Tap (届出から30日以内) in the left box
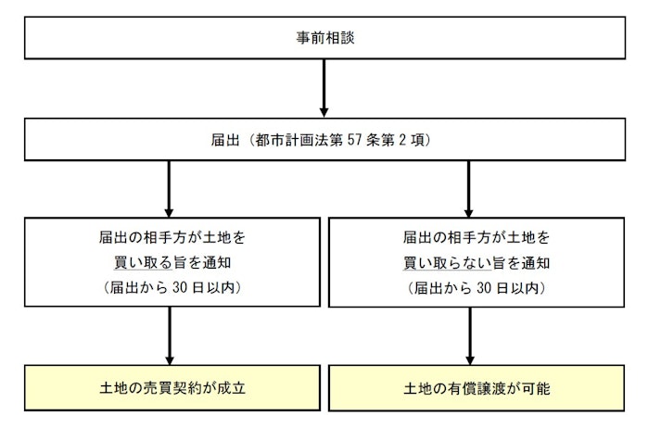pos(171,287)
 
